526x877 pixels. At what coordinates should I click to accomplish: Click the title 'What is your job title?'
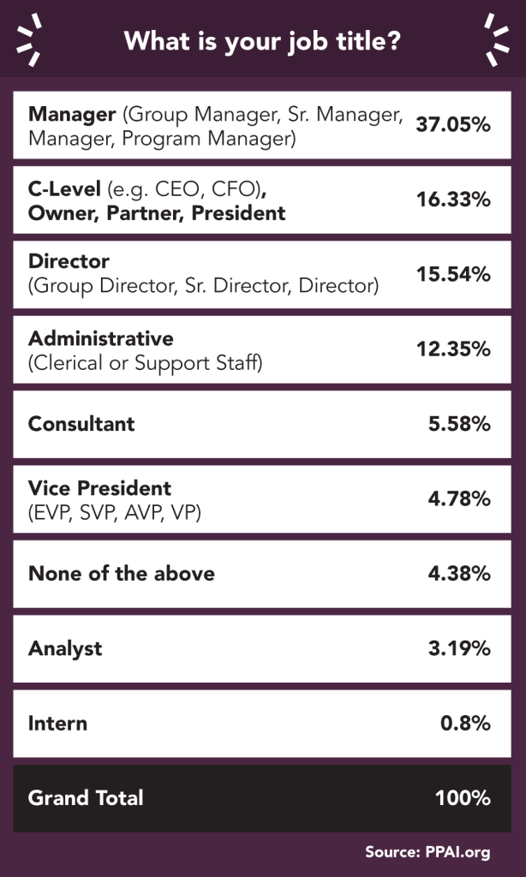[x=262, y=41]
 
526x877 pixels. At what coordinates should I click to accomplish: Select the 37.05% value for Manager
[x=453, y=125]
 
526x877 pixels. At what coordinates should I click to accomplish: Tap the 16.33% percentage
[x=453, y=200]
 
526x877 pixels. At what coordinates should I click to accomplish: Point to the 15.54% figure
[x=453, y=274]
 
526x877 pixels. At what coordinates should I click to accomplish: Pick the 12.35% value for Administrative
[x=453, y=349]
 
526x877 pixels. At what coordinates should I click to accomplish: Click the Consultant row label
[x=81, y=424]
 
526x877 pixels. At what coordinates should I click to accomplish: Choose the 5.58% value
[x=459, y=424]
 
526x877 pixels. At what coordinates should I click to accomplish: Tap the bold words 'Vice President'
[x=99, y=488]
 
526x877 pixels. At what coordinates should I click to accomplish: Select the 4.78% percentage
[x=459, y=498]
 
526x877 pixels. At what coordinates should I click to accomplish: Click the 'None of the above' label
[x=121, y=574]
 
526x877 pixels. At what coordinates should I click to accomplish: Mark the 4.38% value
[x=459, y=574]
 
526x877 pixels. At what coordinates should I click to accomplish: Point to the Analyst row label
[x=65, y=648]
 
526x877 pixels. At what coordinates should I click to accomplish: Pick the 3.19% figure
[x=459, y=648]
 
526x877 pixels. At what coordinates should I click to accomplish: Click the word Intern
[x=57, y=723]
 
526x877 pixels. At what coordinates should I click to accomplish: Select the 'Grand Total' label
[x=86, y=798]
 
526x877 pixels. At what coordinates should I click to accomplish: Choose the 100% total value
[x=463, y=798]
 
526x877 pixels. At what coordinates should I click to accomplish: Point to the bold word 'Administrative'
[x=100, y=338]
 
